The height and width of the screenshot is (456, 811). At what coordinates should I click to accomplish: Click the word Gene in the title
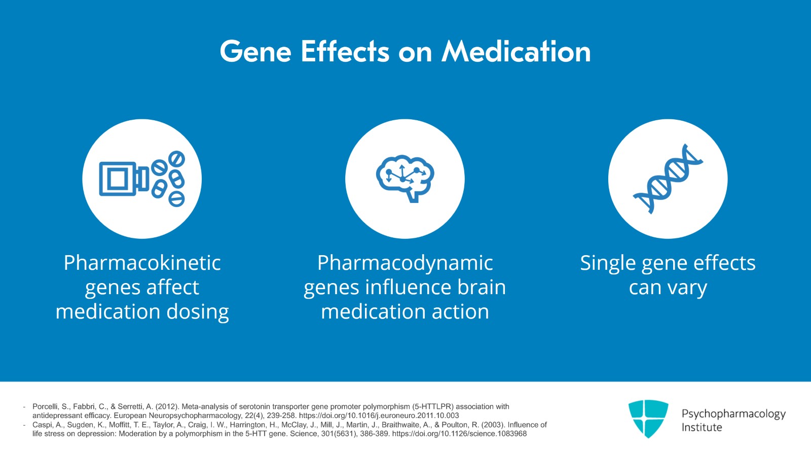[x=255, y=52]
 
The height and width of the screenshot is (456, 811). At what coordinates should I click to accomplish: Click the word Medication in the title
[x=516, y=52]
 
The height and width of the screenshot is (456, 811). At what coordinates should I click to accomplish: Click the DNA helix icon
[x=668, y=179]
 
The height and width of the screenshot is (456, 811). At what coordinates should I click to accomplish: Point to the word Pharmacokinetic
[x=142, y=263]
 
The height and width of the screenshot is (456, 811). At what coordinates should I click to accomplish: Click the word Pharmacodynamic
[x=405, y=263]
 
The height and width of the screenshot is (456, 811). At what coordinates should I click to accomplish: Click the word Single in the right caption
[x=608, y=263]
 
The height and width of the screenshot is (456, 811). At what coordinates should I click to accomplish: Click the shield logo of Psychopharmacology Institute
[x=648, y=418]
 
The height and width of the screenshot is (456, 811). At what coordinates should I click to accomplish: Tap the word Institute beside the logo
[x=702, y=428]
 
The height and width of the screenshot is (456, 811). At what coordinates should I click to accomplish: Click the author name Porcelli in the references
[x=46, y=407]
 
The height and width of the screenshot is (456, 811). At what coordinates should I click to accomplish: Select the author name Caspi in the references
[x=42, y=425]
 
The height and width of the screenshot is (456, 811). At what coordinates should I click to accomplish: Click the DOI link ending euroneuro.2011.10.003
[x=379, y=415]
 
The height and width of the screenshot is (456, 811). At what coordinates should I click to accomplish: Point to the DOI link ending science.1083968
[x=459, y=434]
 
